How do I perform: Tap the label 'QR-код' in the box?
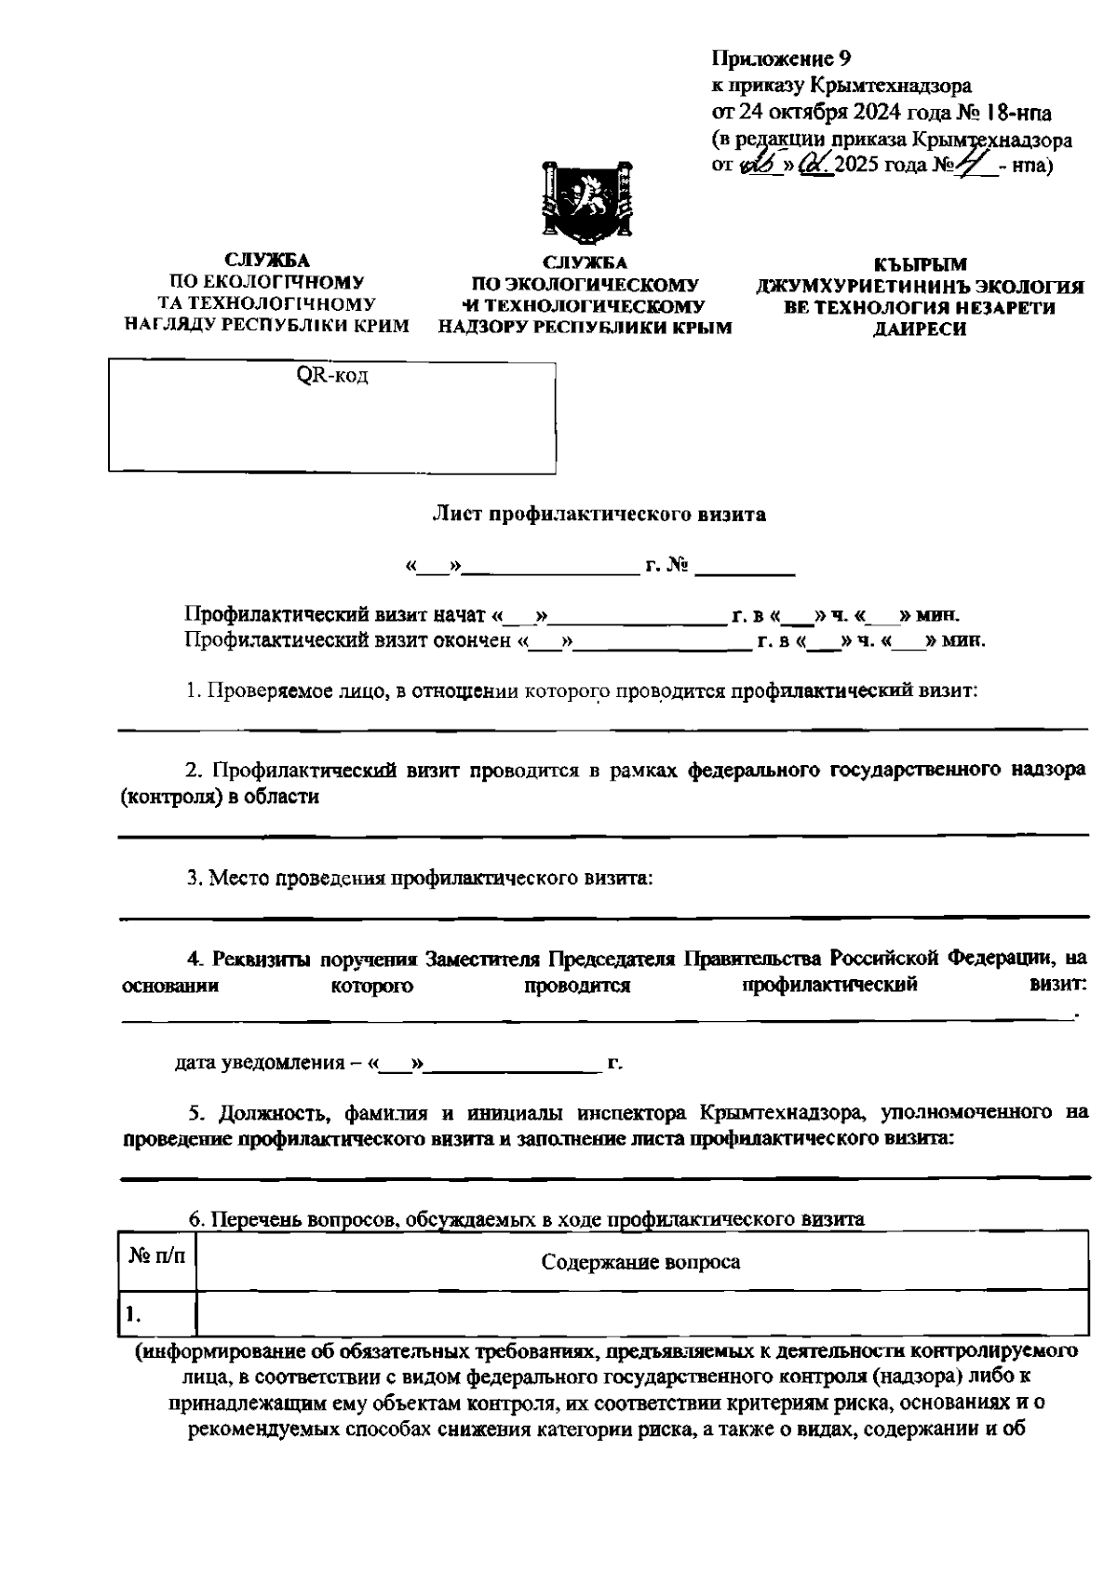pyautogui.click(x=332, y=377)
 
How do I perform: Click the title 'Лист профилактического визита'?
pyautogui.click(x=599, y=515)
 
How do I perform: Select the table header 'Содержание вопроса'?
pyautogui.click(x=641, y=1262)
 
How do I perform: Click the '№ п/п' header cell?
pyautogui.click(x=156, y=1256)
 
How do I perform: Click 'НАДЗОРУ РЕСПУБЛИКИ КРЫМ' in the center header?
pyautogui.click(x=585, y=328)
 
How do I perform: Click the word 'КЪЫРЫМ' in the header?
pyautogui.click(x=921, y=264)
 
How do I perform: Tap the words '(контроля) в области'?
pyautogui.click(x=220, y=797)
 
